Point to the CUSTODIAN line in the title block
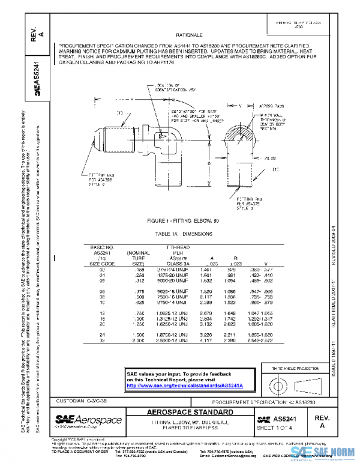pyautogui.click(x=84, y=400)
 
